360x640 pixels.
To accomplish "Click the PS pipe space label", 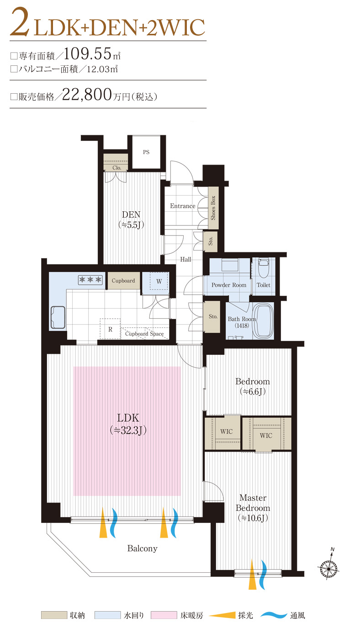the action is (x=146, y=152).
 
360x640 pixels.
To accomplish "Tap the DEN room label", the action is (x=131, y=214).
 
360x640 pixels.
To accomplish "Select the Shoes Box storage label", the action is (x=213, y=208).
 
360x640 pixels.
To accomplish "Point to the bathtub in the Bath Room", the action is (x=264, y=321).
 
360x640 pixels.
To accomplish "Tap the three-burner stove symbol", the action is (x=90, y=279).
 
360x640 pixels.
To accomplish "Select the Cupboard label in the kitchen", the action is (x=123, y=281).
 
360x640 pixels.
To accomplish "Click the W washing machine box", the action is (x=159, y=281).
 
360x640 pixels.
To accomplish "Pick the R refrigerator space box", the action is (x=110, y=329).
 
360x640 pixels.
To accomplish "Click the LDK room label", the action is (x=128, y=418).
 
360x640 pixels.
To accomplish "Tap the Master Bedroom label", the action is (x=253, y=503).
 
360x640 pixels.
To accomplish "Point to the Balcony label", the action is (x=142, y=548).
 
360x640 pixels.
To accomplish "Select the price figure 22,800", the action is (x=87, y=94).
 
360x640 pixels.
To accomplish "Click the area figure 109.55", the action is (x=87, y=53).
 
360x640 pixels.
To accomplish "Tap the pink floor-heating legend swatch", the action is (x=164, y=615).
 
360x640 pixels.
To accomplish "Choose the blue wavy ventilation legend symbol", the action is (x=274, y=615).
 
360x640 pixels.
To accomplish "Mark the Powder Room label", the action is (x=229, y=285).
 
